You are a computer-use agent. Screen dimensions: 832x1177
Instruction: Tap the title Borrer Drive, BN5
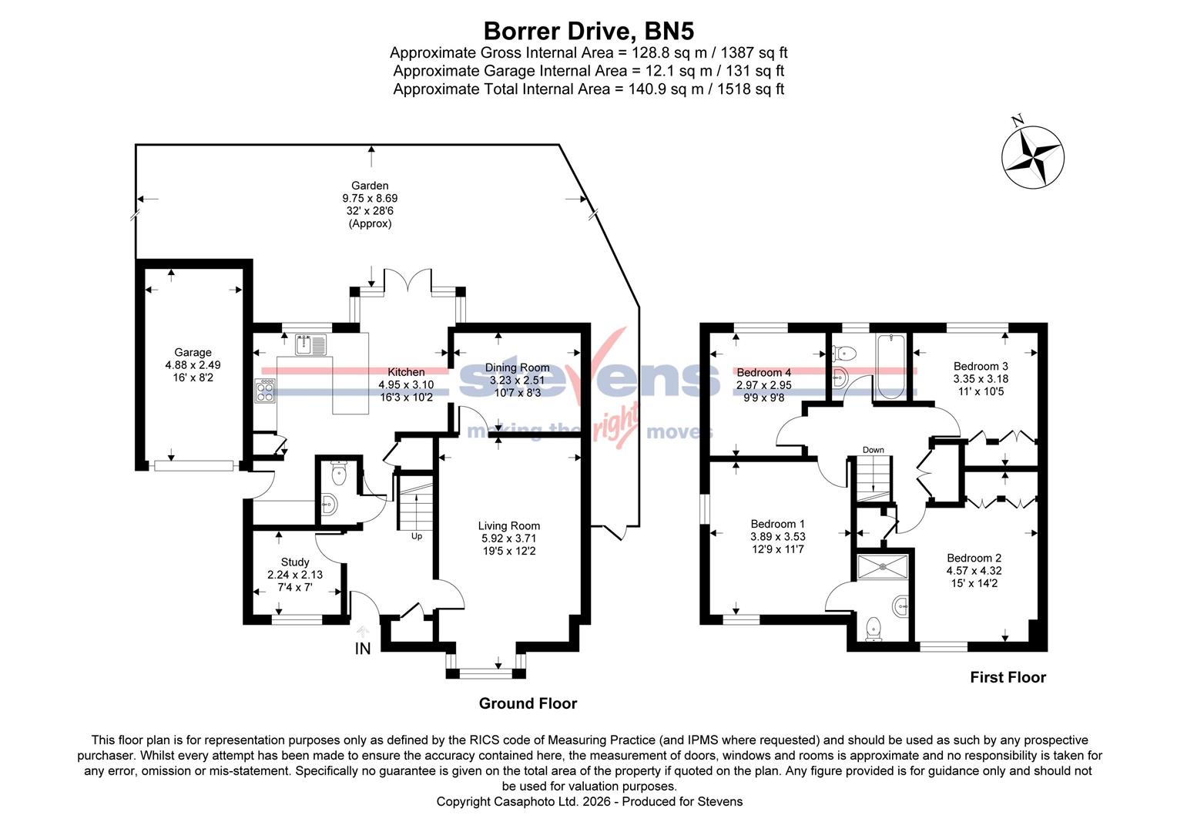588,31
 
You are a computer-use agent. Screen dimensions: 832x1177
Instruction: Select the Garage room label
193,353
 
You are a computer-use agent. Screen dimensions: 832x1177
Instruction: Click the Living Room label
508,526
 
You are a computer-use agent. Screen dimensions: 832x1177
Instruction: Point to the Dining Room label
517,367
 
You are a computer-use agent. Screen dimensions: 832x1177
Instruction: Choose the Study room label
295,562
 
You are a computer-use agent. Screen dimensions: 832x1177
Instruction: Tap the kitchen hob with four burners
265,391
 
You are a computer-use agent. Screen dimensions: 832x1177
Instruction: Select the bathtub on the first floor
890,366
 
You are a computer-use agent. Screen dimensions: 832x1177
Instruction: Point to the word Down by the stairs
873,450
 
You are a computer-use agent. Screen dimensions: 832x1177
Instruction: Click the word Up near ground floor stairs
417,536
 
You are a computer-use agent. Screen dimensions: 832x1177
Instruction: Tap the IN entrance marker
363,649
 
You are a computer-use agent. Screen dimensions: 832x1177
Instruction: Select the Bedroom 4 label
763,373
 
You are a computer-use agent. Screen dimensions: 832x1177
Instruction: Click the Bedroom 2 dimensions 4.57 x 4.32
974,571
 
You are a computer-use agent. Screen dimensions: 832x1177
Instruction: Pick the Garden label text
370,186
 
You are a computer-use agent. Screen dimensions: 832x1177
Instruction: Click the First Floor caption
1008,677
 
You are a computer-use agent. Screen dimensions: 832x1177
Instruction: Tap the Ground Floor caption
528,703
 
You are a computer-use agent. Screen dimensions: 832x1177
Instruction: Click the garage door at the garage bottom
193,465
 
